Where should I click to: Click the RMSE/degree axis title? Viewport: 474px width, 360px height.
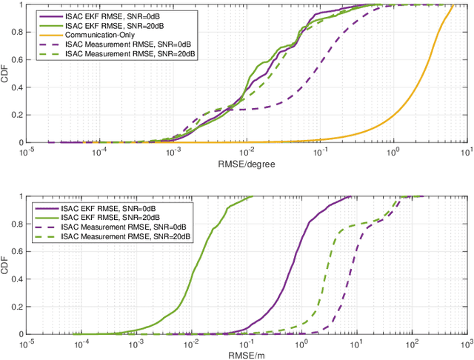click(247, 164)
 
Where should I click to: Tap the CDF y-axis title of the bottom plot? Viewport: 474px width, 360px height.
click(7, 265)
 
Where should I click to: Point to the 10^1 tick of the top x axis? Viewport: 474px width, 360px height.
click(467, 152)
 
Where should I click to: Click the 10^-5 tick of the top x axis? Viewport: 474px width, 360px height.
click(27, 152)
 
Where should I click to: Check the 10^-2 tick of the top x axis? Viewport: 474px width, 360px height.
click(247, 152)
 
